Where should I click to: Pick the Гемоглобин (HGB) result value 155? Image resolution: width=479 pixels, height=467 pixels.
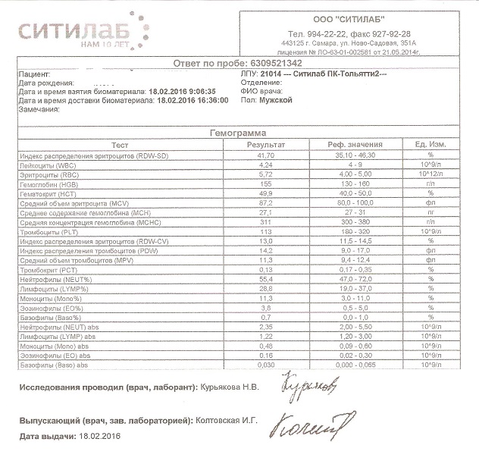point(265,183)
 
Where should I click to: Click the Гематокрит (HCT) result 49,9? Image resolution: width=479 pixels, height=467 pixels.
point(265,193)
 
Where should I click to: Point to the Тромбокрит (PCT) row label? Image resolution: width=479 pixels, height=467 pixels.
point(52,269)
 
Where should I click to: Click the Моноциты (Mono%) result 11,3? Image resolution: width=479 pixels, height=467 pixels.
point(265,298)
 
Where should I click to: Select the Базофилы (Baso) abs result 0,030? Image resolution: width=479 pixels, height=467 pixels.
point(265,365)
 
